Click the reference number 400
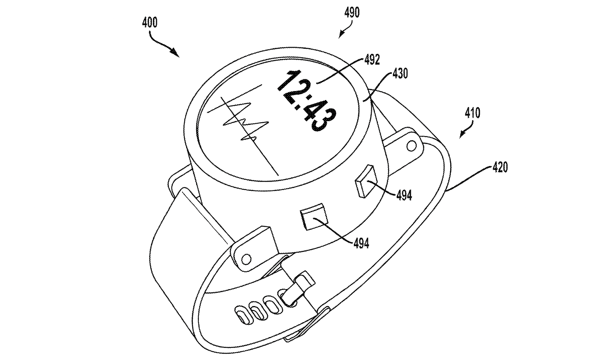[x=150, y=23]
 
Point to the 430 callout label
[x=400, y=73]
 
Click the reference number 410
[x=473, y=113]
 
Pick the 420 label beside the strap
[x=500, y=167]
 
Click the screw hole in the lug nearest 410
[x=410, y=147]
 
